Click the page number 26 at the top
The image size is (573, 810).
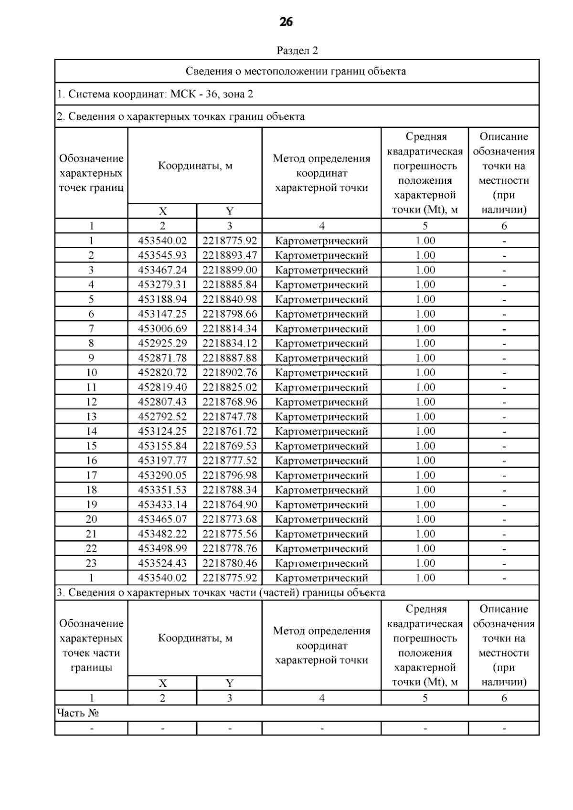[286, 22]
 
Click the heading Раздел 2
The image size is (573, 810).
[297, 51]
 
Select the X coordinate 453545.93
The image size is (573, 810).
[162, 255]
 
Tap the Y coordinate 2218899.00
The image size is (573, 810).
[230, 270]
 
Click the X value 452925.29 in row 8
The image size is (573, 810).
[162, 343]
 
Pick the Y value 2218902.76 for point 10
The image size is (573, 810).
[230, 373]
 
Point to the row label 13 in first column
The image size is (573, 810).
[91, 417]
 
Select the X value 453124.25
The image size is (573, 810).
[162, 431]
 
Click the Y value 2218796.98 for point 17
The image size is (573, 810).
[230, 475]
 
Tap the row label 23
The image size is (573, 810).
[91, 563]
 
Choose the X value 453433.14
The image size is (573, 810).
[162, 505]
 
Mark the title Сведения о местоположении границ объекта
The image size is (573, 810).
[296, 72]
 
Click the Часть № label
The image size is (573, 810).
[78, 713]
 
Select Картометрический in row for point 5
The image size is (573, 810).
[322, 300]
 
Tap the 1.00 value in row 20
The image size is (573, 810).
[425, 519]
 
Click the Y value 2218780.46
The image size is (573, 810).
[230, 563]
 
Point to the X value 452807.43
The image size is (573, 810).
[162, 402]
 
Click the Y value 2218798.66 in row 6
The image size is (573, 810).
[230, 314]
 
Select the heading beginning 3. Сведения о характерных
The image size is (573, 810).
[221, 593]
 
